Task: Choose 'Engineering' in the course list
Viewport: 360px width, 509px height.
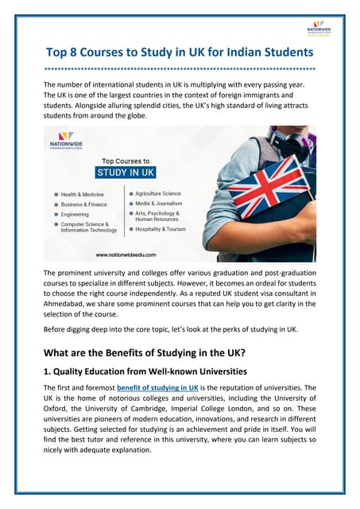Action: coord(75,215)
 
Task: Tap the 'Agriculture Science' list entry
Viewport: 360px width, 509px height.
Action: coord(158,193)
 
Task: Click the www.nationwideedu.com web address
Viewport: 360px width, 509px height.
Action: coord(126,254)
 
